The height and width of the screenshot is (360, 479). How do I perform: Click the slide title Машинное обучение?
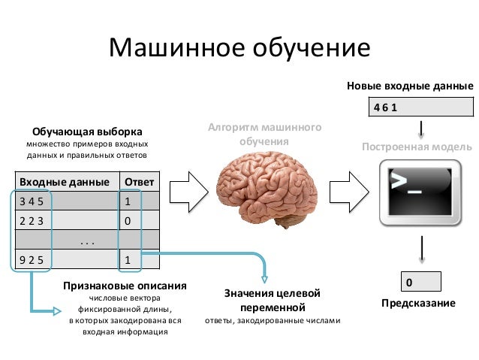pos(239,48)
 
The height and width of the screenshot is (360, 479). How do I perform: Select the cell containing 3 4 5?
pos(66,201)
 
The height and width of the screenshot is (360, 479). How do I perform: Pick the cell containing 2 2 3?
pos(66,221)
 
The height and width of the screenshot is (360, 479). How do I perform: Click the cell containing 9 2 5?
pos(66,260)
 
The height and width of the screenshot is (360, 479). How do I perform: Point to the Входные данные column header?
pos(66,182)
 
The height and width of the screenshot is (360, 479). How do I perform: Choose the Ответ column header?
pos(139,182)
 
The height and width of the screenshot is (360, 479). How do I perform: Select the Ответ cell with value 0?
pos(139,221)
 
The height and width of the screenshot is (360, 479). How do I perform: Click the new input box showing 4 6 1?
pos(420,107)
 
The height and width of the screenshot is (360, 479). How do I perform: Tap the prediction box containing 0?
pos(420,283)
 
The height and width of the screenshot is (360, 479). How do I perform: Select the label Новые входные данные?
pos(410,86)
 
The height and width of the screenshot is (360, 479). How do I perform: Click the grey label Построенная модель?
pos(417,147)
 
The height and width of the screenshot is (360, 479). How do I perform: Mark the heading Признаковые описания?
pos(125,286)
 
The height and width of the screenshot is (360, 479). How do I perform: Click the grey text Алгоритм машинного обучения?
pos(264,135)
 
